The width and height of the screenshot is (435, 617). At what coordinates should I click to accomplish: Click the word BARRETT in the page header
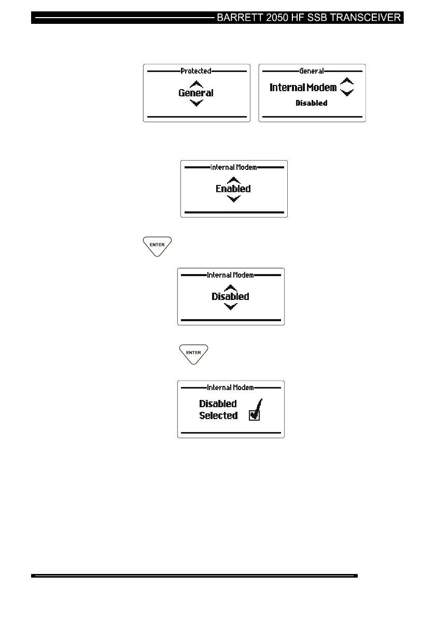(x=242, y=18)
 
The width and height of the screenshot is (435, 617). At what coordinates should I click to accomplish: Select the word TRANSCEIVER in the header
(x=367, y=18)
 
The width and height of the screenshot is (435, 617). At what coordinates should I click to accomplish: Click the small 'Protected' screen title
(x=196, y=71)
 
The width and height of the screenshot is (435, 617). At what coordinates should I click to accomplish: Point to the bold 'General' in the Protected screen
(x=196, y=93)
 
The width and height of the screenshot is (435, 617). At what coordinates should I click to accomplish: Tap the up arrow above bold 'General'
(x=196, y=84)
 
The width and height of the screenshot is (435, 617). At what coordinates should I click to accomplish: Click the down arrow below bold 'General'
(x=196, y=103)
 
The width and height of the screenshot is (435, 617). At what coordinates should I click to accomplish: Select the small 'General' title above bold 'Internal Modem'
(x=312, y=71)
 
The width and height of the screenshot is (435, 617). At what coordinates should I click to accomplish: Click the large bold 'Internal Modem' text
(x=303, y=88)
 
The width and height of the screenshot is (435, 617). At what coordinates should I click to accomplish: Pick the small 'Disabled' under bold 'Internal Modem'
(x=311, y=103)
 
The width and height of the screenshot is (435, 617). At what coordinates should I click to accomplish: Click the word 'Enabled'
(x=233, y=189)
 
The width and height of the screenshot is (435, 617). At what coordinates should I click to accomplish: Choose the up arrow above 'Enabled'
(x=234, y=180)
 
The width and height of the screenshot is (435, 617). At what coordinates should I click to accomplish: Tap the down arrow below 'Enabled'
(x=234, y=199)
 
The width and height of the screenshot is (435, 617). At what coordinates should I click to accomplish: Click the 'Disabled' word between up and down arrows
(x=230, y=297)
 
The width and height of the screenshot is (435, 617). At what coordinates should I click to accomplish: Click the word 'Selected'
(x=218, y=415)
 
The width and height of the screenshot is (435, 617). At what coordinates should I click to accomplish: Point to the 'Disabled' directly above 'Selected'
(x=218, y=404)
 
